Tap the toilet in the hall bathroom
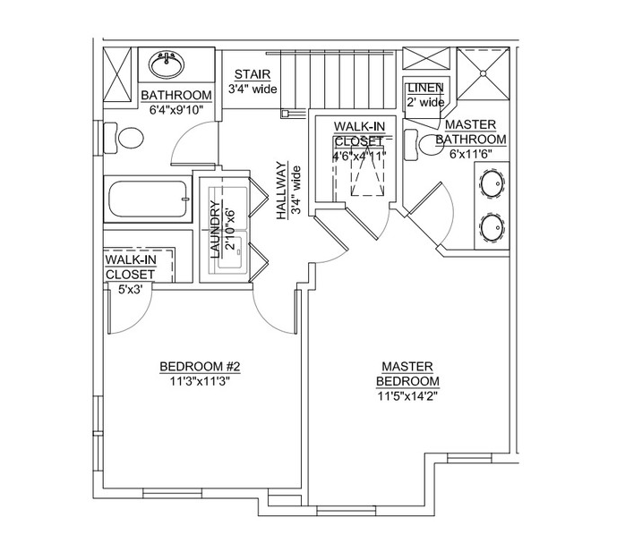point(127,138)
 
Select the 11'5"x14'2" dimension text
point(407,395)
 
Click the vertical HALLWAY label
point(280,191)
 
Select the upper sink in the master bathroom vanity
point(492,185)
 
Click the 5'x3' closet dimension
point(131,289)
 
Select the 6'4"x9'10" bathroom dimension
point(176,110)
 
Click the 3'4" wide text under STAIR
point(253,89)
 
